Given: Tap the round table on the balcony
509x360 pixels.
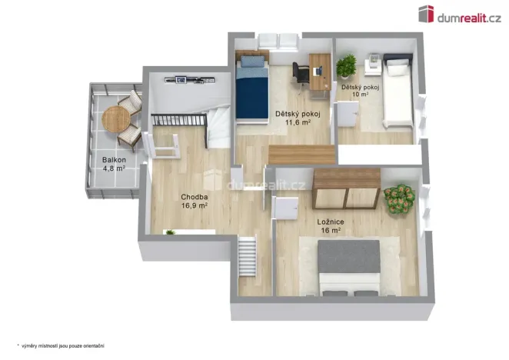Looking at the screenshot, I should coord(116,119).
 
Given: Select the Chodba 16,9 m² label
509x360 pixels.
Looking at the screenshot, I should coord(195,202).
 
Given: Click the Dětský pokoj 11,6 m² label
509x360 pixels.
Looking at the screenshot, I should coord(293,118).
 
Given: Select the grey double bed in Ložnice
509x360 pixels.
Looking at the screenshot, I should coord(349,265).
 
